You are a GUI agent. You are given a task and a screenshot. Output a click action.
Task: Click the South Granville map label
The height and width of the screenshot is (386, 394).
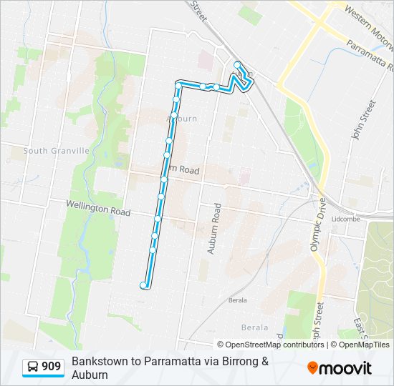[56, 151]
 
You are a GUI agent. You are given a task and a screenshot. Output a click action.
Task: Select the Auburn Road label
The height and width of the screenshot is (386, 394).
[212, 229]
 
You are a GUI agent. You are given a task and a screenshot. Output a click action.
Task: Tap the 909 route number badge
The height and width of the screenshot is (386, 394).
[51, 367]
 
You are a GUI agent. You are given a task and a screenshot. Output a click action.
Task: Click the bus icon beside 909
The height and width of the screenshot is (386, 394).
[34, 367]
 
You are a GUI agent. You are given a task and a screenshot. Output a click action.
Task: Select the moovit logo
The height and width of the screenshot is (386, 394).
[340, 367]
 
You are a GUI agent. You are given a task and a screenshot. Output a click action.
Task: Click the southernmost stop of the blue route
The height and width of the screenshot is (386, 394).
[144, 286]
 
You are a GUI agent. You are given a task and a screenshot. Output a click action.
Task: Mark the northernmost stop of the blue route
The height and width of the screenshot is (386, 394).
[237, 64]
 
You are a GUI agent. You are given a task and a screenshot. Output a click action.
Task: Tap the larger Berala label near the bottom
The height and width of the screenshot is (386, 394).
[254, 327]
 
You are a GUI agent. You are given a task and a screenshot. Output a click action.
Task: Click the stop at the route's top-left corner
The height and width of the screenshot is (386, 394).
[178, 85]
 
